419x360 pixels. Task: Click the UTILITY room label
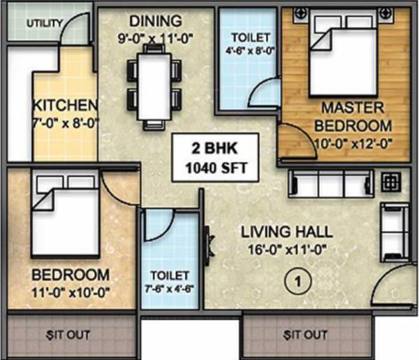(x=45, y=23)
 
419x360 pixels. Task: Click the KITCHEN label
(x=64, y=106)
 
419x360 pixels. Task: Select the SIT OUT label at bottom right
(x=304, y=335)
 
